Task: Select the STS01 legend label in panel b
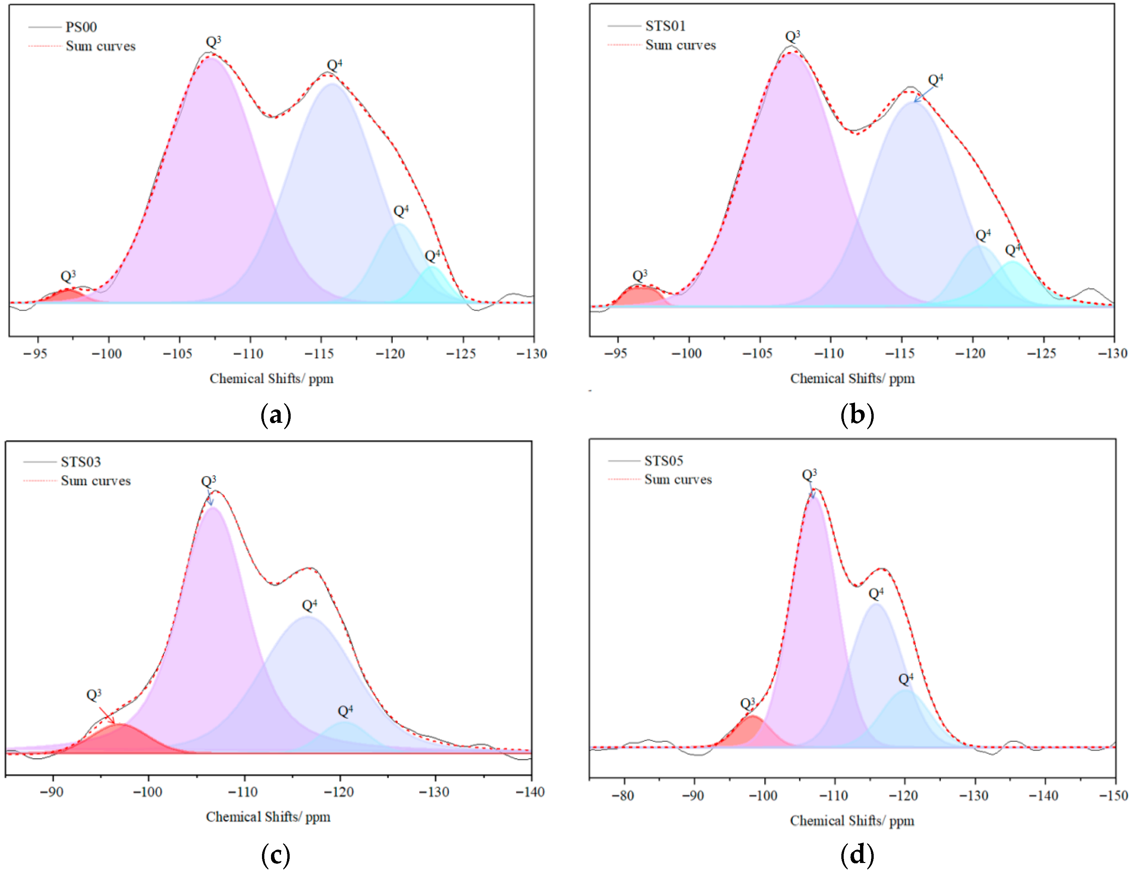(x=665, y=26)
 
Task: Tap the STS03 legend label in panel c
(x=80, y=462)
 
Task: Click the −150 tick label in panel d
(x=1113, y=796)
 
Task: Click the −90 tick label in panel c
(x=51, y=792)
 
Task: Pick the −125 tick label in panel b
(x=1042, y=353)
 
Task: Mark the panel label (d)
(x=857, y=854)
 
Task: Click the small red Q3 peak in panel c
(x=122, y=739)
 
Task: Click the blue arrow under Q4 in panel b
(x=924, y=94)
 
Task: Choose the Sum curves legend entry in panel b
(x=680, y=46)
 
